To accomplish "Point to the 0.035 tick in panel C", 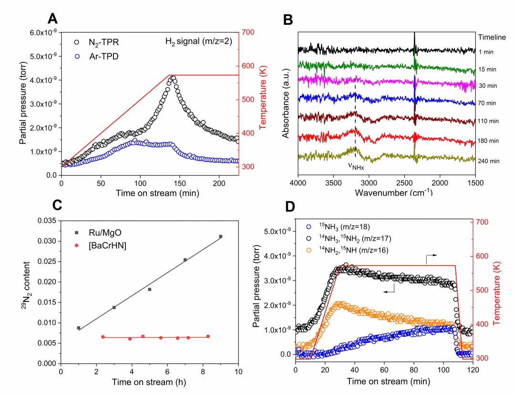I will click(47, 221).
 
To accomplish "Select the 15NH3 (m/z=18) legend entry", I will click(339, 226).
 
